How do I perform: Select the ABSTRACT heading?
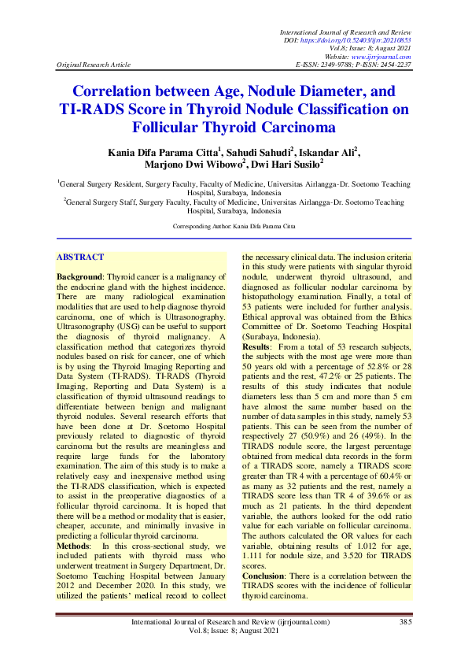coord(81,257)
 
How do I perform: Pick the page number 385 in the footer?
coord(405,622)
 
